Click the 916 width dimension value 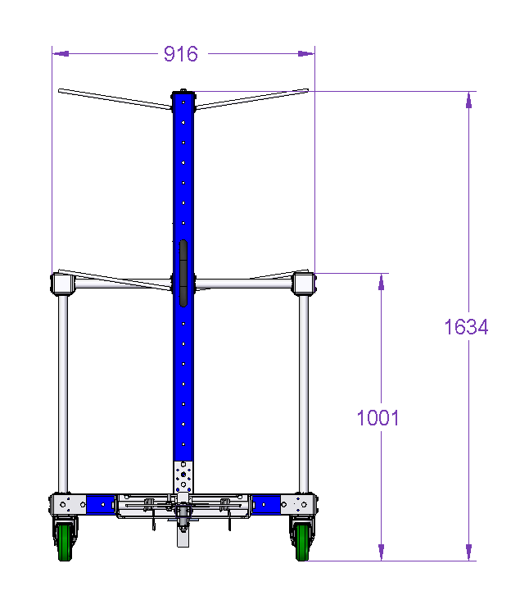pos(181,54)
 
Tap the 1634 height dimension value pos(466,327)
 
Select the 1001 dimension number pos(378,417)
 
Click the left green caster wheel pos(65,543)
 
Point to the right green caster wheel pos(302,543)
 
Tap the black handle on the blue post pos(183,273)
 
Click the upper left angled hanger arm pos(115,99)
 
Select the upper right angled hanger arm pos(251,99)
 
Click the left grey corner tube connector pos(62,284)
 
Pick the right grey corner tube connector pos(304,284)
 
